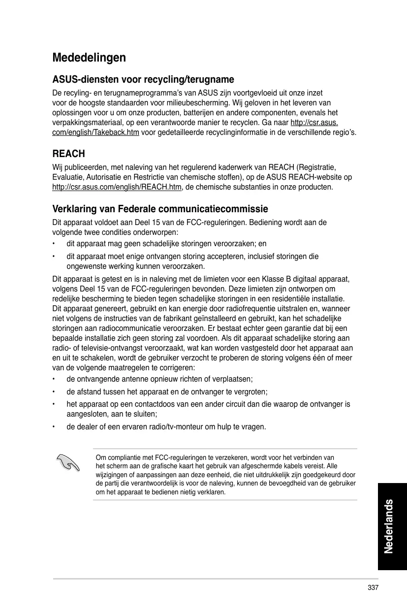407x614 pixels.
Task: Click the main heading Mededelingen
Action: click(x=89, y=58)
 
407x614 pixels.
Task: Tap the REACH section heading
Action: click(x=68, y=154)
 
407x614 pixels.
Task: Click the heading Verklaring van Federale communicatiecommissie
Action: click(x=160, y=209)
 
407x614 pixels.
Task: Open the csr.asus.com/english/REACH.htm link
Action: click(x=117, y=188)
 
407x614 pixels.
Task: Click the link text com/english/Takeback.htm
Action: click(x=95, y=133)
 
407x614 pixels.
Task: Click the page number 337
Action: click(x=373, y=588)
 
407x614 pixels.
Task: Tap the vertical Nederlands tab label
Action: click(x=389, y=525)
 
